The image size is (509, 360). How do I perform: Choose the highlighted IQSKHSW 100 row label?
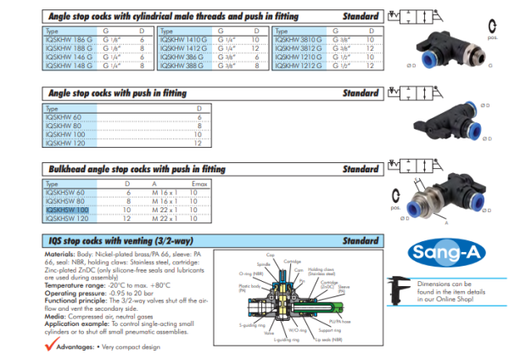(x=66, y=210)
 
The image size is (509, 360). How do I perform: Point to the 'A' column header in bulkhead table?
(x=155, y=183)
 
